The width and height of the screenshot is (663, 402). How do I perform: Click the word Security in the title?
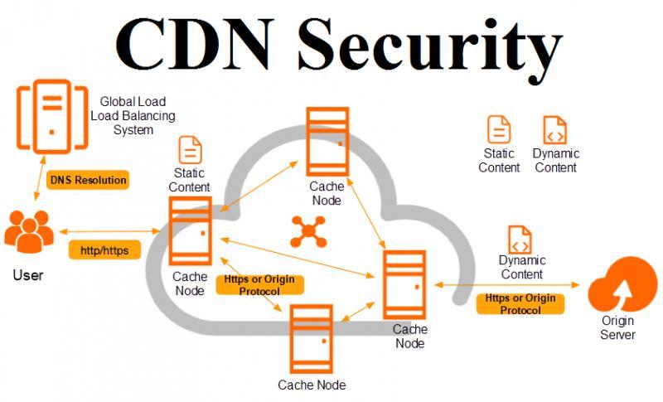pyautogui.click(x=430, y=46)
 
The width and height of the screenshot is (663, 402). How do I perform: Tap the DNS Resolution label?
pyautogui.click(x=88, y=180)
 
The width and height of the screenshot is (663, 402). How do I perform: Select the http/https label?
pyautogui.click(x=104, y=250)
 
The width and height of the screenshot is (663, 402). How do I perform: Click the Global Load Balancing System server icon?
pyautogui.click(x=52, y=117)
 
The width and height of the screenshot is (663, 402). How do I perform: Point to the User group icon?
pyautogui.click(x=29, y=231)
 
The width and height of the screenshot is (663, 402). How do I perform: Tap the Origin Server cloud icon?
pyautogui.click(x=622, y=284)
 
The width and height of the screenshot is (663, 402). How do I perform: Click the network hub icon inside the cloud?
pyautogui.click(x=308, y=231)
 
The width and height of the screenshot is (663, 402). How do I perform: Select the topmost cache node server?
pyautogui.click(x=327, y=142)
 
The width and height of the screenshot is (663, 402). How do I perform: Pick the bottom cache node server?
pyautogui.click(x=312, y=339)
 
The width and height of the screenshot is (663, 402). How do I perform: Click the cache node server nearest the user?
pyautogui.click(x=191, y=231)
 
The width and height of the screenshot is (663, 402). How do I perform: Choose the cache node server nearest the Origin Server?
pyautogui.click(x=404, y=285)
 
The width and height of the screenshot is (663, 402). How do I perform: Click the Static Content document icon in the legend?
pyautogui.click(x=499, y=130)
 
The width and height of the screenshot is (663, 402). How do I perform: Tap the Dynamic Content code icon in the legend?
pyautogui.click(x=554, y=130)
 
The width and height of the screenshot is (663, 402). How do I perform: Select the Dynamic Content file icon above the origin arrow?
pyautogui.click(x=520, y=240)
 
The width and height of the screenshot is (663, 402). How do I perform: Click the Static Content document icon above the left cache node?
pyautogui.click(x=191, y=150)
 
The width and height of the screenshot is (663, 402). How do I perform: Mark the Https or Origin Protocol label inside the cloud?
pyautogui.click(x=259, y=285)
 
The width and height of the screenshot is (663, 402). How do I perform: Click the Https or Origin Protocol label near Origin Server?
pyautogui.click(x=520, y=304)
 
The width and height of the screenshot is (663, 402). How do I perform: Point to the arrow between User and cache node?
pyautogui.click(x=109, y=231)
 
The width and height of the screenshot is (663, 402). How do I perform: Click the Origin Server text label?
pyautogui.click(x=617, y=327)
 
